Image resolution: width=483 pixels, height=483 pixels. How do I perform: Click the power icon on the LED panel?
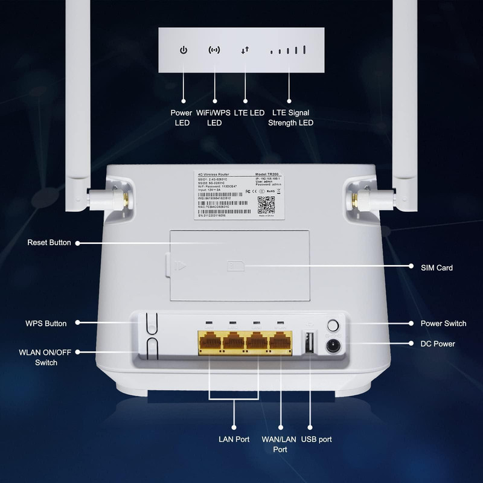184,50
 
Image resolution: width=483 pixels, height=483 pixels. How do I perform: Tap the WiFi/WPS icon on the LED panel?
214,50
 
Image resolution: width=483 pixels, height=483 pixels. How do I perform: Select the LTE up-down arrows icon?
245,50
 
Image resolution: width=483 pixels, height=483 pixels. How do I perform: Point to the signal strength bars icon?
289,50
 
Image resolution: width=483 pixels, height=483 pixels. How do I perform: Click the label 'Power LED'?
182,118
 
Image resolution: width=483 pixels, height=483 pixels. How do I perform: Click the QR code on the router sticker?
266,205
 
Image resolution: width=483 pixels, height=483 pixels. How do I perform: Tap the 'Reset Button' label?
49,243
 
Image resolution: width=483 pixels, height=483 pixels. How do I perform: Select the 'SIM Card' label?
437,267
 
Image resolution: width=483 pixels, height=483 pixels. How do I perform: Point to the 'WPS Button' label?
46,324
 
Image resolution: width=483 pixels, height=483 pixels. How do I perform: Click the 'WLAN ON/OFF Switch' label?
46,357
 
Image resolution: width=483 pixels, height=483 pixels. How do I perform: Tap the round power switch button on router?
332,325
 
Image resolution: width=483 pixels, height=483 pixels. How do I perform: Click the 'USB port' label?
317,440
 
